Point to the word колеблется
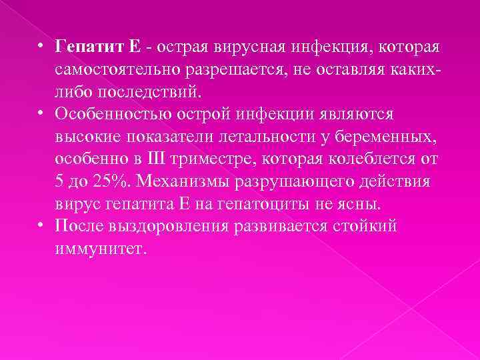pos(381,160)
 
